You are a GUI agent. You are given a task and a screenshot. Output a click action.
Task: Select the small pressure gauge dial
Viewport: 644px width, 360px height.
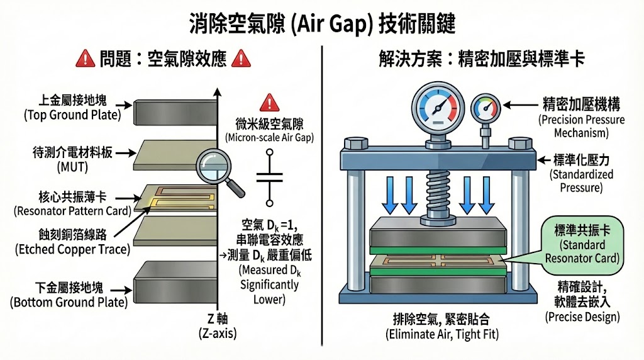485,108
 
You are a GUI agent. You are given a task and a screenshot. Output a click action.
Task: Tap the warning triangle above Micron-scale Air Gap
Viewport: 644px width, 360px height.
269,101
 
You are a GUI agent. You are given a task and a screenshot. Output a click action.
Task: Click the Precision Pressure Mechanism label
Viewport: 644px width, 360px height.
581,116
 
